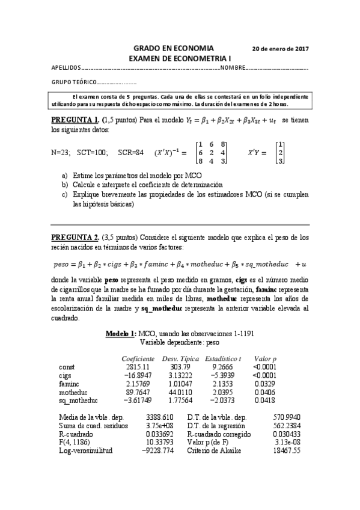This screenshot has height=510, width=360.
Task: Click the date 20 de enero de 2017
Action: coord(280,48)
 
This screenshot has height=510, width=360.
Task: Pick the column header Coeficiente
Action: coord(138,358)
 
